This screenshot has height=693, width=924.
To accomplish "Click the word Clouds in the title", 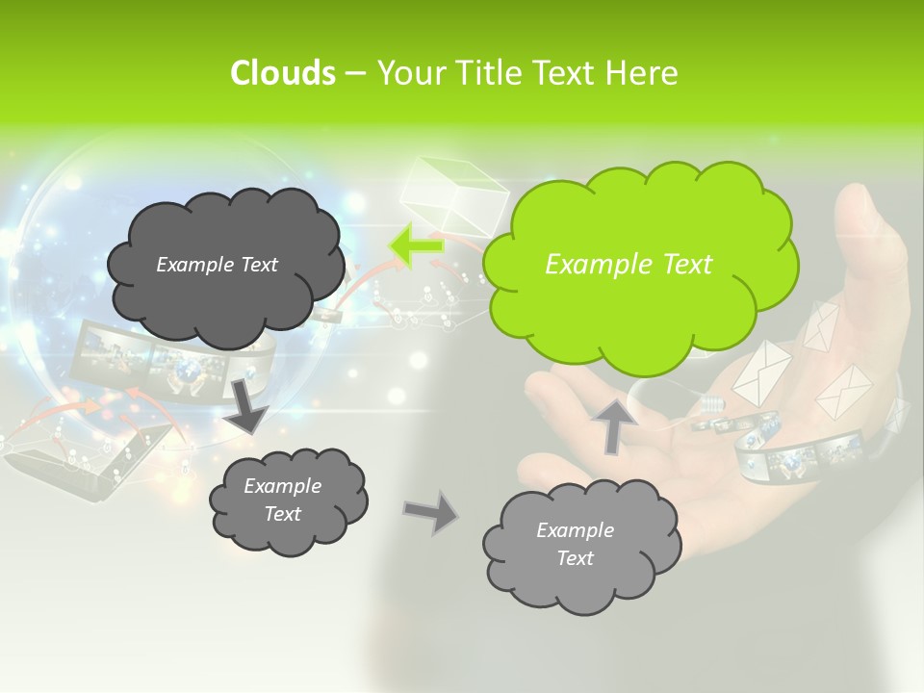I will [x=282, y=73].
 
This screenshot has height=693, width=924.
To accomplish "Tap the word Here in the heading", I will [x=643, y=73].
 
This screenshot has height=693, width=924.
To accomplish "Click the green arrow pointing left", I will [x=416, y=246].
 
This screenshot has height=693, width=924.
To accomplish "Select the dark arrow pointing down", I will [x=248, y=404].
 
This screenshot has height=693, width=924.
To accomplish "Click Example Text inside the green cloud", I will [x=629, y=264].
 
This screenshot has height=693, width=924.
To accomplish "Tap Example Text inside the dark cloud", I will [x=217, y=264].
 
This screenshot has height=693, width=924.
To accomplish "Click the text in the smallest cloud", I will [x=283, y=500].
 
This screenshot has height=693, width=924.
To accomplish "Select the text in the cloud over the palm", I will [x=576, y=544].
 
